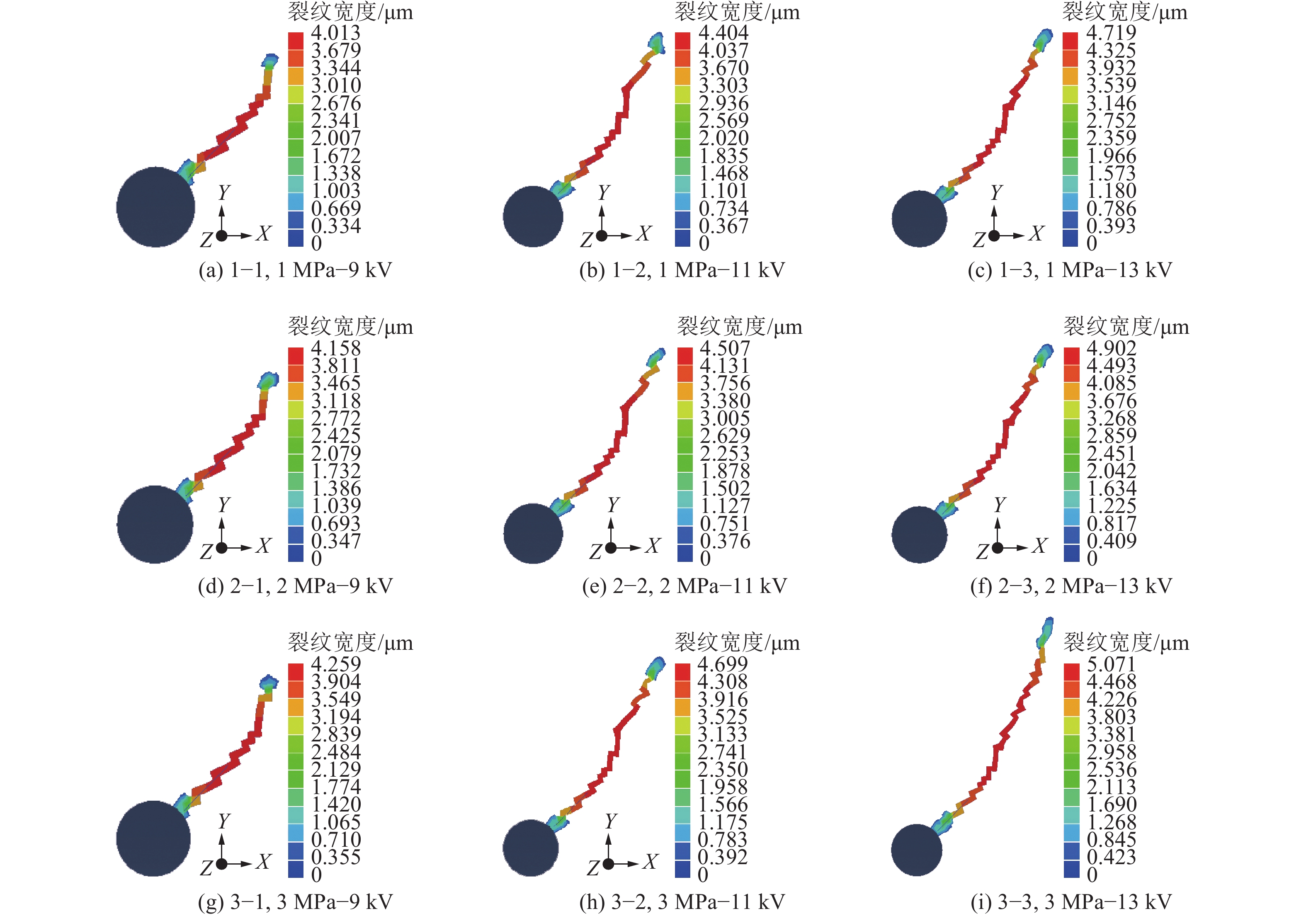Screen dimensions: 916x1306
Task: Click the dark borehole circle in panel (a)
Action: (155, 207)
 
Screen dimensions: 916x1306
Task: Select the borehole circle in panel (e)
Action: (533, 533)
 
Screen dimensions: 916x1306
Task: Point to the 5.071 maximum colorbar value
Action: (1111, 664)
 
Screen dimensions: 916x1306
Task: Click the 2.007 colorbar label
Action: (335, 138)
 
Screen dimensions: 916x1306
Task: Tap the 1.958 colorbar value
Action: (722, 787)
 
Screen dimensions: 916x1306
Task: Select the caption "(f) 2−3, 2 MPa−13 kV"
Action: (1071, 586)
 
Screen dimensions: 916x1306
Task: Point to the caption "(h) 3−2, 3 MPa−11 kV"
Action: (682, 902)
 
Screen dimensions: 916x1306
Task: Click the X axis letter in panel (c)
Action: (1037, 233)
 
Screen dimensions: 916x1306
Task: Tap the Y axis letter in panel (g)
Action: (224, 820)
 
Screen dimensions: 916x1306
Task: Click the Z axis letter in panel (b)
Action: (586, 241)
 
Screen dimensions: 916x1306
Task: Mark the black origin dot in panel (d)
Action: (222, 548)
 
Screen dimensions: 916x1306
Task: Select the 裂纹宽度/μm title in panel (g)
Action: (350, 643)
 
